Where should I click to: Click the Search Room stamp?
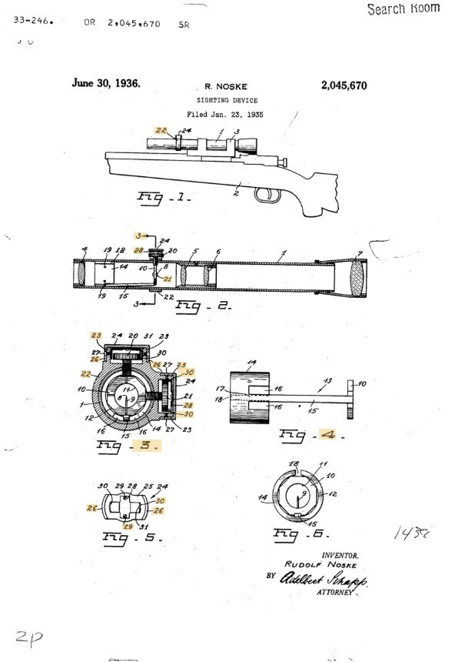404,9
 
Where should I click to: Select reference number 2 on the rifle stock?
237,196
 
